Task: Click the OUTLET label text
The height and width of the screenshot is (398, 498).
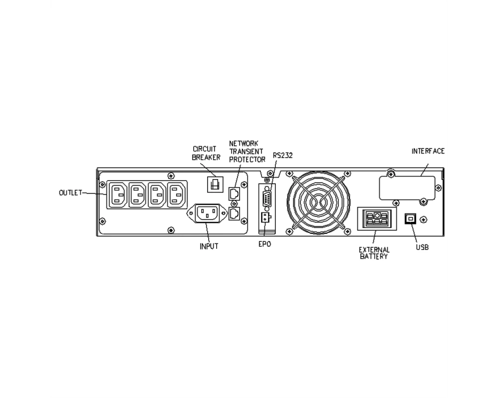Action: tap(71, 193)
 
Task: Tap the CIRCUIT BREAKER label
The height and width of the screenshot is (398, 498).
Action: tap(206, 153)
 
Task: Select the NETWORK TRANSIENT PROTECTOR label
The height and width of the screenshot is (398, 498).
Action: tap(247, 152)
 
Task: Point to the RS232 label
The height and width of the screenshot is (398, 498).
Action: tap(283, 155)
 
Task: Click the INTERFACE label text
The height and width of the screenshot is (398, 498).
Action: tap(428, 151)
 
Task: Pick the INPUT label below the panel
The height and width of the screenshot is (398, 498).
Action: tap(209, 246)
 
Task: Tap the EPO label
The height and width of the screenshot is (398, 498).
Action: tap(264, 244)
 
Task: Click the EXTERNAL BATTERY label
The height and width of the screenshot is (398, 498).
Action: tap(374, 253)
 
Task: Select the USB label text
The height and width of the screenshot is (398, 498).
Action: tap(422, 247)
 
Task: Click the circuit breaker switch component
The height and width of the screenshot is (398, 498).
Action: tap(215, 185)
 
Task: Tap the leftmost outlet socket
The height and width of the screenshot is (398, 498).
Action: tap(118, 195)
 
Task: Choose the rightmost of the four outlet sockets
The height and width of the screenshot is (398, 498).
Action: tap(177, 195)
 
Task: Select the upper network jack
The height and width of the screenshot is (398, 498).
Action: tap(234, 194)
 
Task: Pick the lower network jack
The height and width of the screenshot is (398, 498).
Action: tap(234, 213)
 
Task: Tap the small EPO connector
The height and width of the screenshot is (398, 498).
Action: tap(264, 218)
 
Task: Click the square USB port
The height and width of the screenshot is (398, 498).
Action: tap(410, 219)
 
